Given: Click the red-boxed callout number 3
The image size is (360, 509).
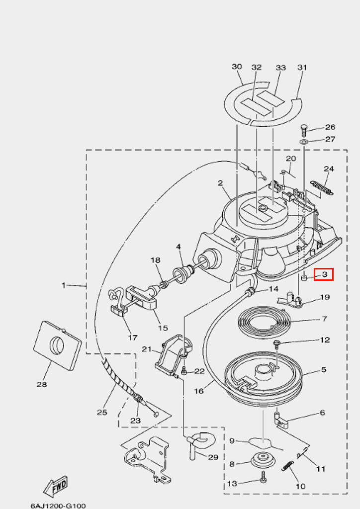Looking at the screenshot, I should pyautogui.click(x=324, y=274).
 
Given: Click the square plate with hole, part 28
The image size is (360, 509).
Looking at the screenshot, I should pyautogui.click(x=57, y=345).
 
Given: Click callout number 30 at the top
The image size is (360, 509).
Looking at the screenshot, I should pyautogui.click(x=237, y=67).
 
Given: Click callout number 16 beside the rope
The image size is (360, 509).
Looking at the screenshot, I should pyautogui.click(x=199, y=391).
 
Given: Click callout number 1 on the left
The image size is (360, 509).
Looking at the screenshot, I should pyautogui.click(x=64, y=285).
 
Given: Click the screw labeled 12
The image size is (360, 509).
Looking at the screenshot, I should pyautogui.click(x=276, y=343).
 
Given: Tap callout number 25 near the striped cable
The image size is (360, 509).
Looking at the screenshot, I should pyautogui.click(x=102, y=412).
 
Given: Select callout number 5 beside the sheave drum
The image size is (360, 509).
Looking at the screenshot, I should pyautogui.click(x=324, y=370).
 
